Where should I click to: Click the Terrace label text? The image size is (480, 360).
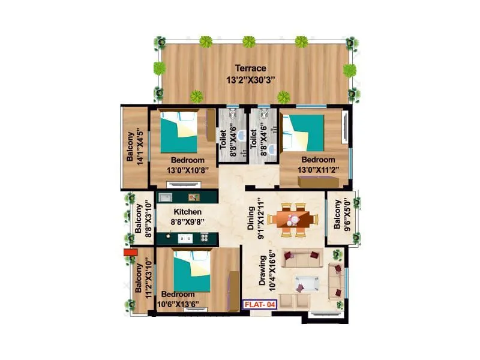[x=251, y=68]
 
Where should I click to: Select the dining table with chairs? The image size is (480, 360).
[x=293, y=218]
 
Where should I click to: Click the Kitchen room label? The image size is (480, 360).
[x=187, y=212]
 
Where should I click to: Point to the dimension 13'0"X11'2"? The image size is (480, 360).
[x=318, y=169]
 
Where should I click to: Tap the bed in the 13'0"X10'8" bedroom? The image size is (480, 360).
[x=179, y=133]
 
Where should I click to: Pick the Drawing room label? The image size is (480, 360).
[x=262, y=273]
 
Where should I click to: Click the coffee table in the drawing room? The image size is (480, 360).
[x=308, y=282]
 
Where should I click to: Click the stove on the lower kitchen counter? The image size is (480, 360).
[x=205, y=237]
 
